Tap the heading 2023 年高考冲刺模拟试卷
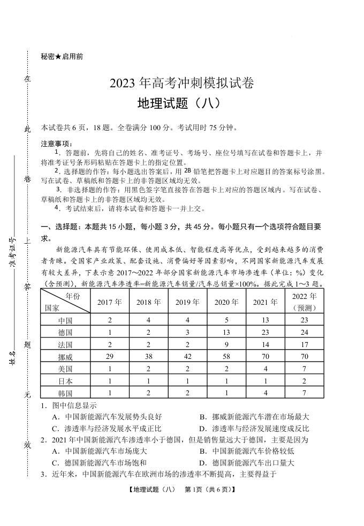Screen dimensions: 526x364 tap(181, 84)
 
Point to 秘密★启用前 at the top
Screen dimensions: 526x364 tap(62, 56)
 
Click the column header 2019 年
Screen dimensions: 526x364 tap(187, 302)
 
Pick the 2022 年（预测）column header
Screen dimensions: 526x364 tap(305, 302)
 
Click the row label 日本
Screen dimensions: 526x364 tap(65, 381)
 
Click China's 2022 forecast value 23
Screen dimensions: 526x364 tap(305, 320)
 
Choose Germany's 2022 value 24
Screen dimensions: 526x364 tap(305, 332)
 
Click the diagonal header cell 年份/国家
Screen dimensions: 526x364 tap(65, 302)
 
